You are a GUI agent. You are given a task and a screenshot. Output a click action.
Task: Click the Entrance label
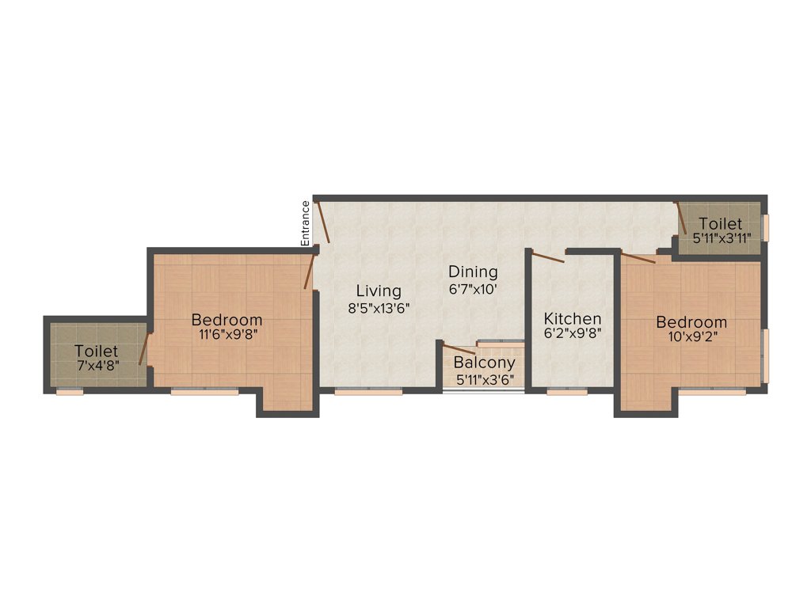tap(305, 222)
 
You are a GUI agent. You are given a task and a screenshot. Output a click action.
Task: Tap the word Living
tap(378, 291)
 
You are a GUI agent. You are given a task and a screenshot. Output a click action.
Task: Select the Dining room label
tap(473, 272)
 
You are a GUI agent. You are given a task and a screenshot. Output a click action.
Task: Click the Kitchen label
tap(572, 318)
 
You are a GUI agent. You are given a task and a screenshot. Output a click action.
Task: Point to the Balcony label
tap(484, 363)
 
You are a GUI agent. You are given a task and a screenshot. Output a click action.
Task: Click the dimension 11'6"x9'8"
tap(227, 334)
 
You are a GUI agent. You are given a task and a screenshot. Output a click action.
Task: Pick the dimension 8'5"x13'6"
tap(378, 308)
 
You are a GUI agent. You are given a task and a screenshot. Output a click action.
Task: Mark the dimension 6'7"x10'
tap(473, 289)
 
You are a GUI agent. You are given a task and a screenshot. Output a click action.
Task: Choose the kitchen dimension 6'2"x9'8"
tap(572, 333)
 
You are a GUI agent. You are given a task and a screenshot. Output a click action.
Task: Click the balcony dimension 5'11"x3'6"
tap(485, 379)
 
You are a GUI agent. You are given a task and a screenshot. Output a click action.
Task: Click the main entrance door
tap(322, 221)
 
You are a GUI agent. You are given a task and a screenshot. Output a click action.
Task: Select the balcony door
tap(459, 349)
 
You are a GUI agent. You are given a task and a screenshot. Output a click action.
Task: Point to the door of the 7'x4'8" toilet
tap(144, 348)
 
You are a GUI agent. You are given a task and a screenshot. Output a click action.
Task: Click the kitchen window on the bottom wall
tap(567, 391)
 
